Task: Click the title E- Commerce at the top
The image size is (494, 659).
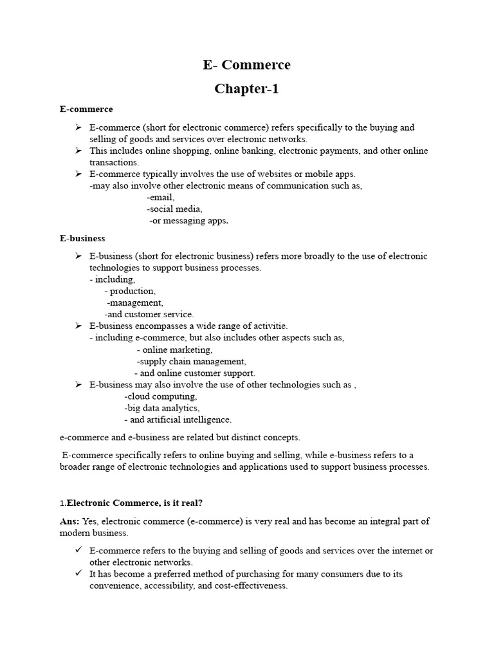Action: click(246, 65)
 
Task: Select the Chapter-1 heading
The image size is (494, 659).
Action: click(246, 89)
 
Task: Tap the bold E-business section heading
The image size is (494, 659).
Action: click(82, 238)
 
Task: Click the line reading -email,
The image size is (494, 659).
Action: click(160, 198)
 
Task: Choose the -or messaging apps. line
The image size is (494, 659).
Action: click(188, 221)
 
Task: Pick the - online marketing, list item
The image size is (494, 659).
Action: click(174, 349)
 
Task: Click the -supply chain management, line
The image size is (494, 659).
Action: click(191, 361)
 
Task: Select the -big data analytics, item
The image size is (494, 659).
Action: click(162, 408)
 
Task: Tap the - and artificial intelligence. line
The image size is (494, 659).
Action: click(178, 420)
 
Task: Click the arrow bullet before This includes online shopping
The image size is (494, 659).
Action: click(77, 151)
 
